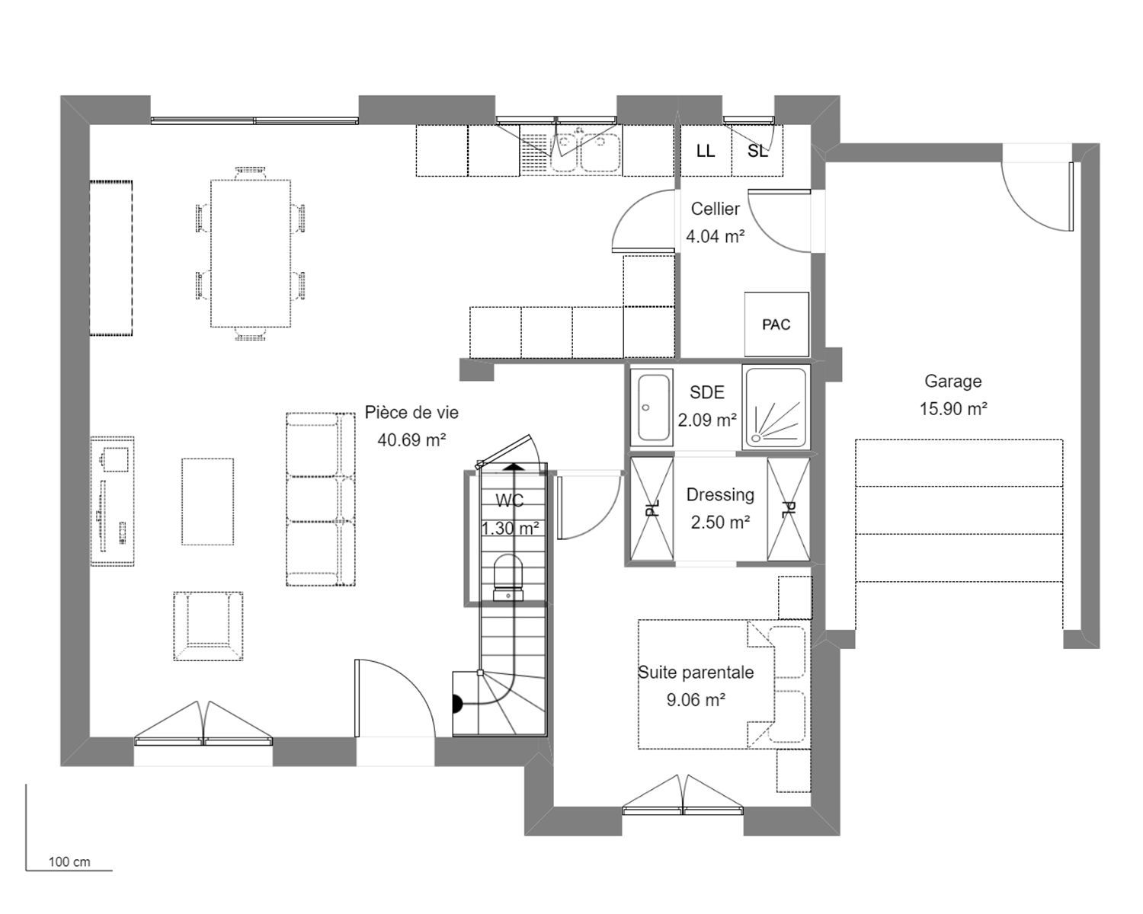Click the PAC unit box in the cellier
[x=776, y=324]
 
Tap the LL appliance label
[x=706, y=151]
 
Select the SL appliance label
[x=757, y=151]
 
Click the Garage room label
[x=952, y=381]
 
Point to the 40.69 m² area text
[x=411, y=439]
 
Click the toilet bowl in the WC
[x=508, y=577]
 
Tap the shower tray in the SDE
[x=776, y=406]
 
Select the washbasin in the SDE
[x=652, y=407]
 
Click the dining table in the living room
[x=251, y=254]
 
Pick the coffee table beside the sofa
[x=208, y=501]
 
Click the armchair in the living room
[x=208, y=626]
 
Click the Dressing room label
[x=720, y=494]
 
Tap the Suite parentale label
[x=696, y=672]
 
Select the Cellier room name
[x=715, y=209]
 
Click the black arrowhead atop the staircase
[x=513, y=468]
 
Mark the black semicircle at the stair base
[x=456, y=704]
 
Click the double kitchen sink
[x=587, y=152]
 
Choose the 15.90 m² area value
[x=953, y=408]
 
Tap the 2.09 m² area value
[x=707, y=420]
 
